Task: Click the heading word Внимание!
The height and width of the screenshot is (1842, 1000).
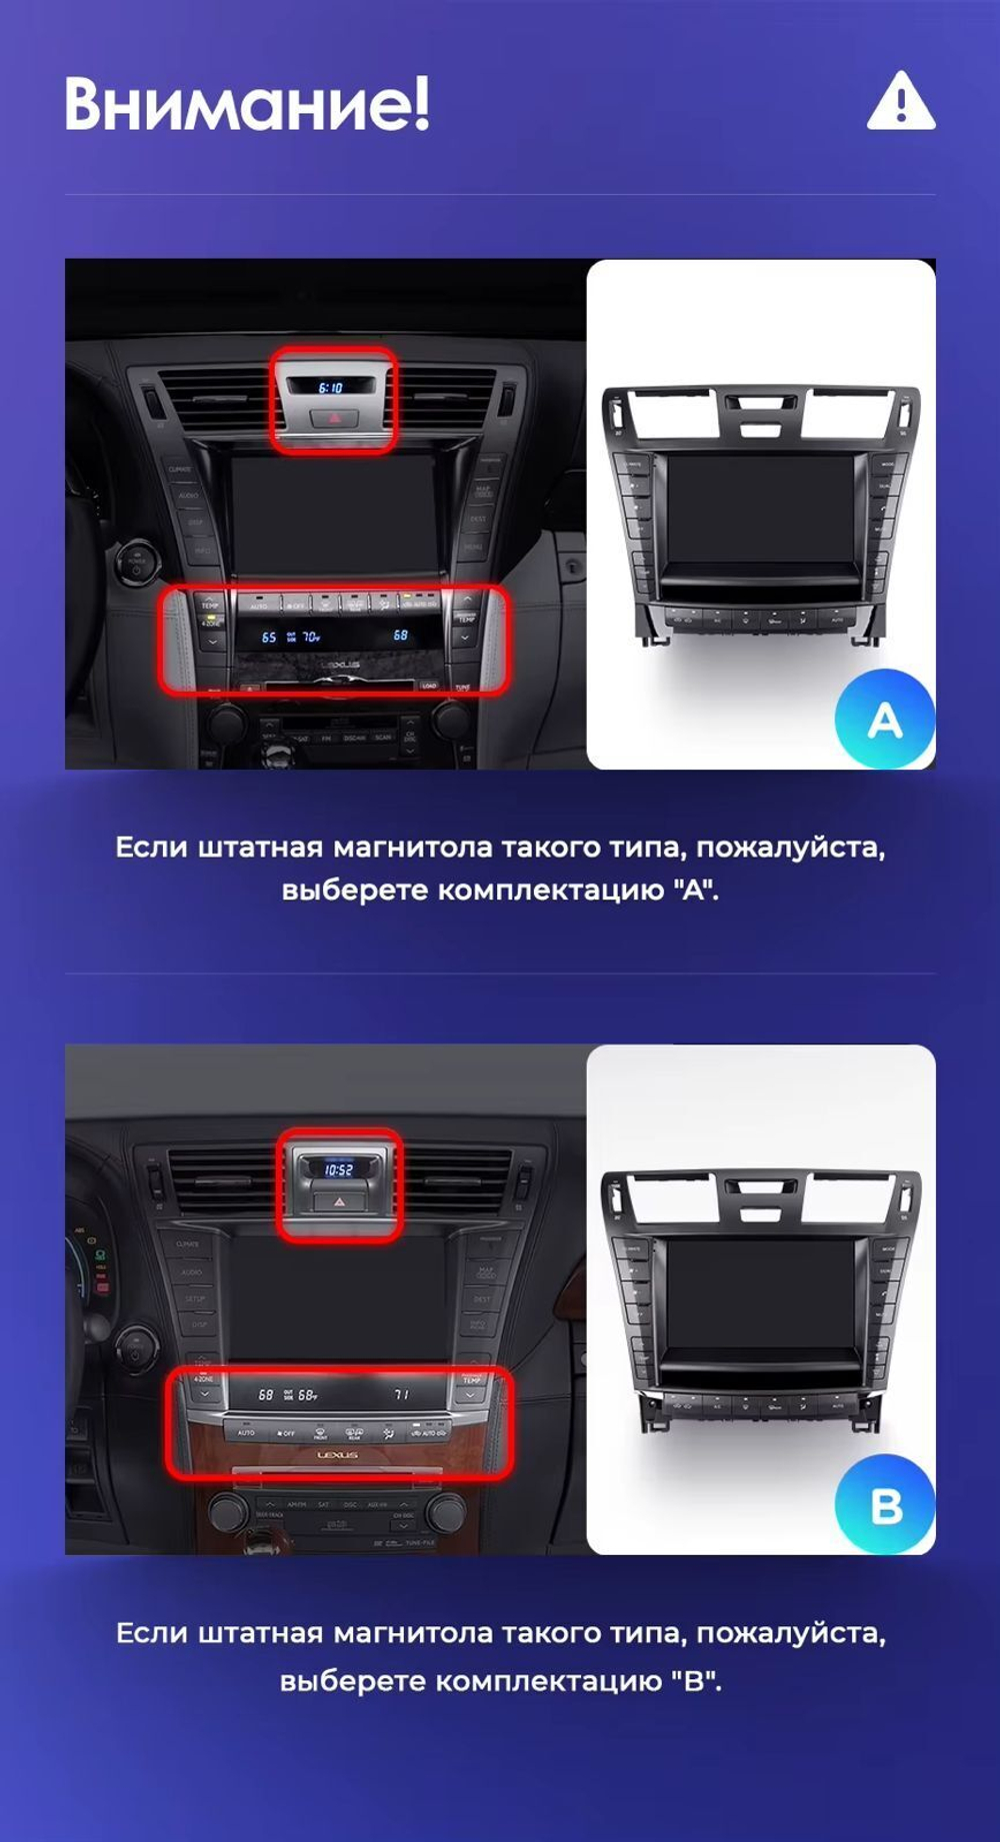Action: tap(247, 103)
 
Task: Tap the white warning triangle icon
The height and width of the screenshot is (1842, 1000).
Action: tap(900, 102)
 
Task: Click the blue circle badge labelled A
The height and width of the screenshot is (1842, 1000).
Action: tap(884, 720)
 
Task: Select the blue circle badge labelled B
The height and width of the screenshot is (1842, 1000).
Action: tap(885, 1505)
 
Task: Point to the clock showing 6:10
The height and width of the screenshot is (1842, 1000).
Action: tap(330, 387)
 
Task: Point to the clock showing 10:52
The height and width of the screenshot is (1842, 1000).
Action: tap(338, 1168)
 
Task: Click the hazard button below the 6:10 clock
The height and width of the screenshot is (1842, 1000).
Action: tap(332, 416)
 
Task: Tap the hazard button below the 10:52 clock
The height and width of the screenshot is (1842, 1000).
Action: tap(338, 1202)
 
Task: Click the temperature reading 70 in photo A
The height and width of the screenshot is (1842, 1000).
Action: tap(311, 637)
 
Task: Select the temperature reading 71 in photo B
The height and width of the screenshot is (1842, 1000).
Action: tap(401, 1394)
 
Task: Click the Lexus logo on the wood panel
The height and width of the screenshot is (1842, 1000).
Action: tap(338, 1455)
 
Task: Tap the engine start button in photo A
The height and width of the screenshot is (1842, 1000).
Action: tap(135, 561)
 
